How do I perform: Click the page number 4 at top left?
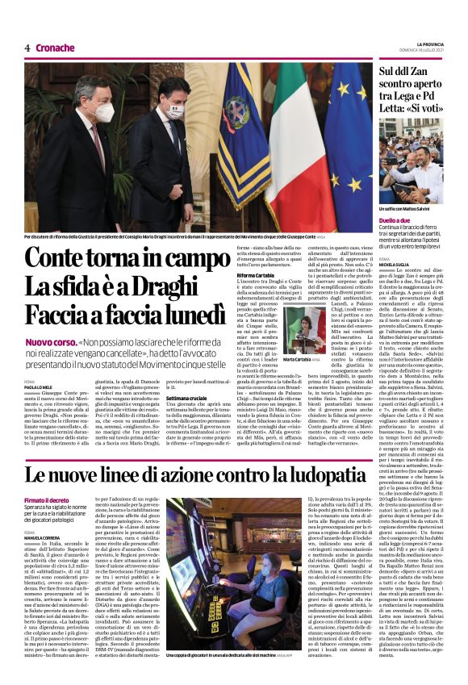pyautogui.click(x=27, y=48)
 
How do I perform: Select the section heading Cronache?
pyautogui.click(x=55, y=48)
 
